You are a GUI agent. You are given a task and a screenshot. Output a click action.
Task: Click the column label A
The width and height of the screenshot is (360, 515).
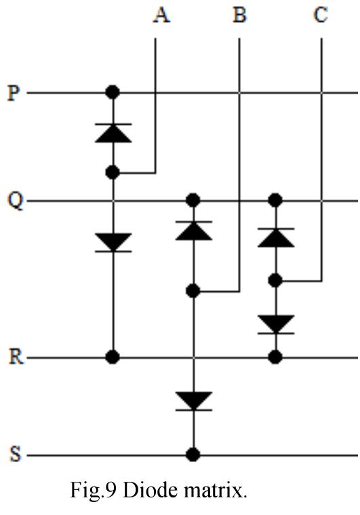coord(161,15)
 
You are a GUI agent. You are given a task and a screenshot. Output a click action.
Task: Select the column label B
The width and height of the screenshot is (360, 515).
coord(239,15)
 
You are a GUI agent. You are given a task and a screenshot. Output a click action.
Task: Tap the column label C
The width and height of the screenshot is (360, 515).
coord(321,15)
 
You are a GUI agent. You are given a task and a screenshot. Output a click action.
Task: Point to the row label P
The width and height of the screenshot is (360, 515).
coord(13,92)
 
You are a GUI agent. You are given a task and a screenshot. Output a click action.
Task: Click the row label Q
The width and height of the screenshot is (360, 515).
coord(13,201)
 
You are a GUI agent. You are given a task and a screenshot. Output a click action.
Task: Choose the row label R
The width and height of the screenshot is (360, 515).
coord(13,357)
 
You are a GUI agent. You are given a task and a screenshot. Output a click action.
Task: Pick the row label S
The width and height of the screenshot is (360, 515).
coord(13,455)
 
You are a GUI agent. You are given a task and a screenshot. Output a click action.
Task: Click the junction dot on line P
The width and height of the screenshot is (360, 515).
coord(113,91)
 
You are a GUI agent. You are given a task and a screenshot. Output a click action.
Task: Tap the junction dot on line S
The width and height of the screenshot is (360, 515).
coord(194,455)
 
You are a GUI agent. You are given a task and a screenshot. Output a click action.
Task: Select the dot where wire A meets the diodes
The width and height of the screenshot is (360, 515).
coord(113,173)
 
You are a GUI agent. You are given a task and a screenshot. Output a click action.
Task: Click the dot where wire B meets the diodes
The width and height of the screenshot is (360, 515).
coord(194,291)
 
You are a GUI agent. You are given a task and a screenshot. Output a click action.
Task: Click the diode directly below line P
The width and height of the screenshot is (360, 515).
coord(113,133)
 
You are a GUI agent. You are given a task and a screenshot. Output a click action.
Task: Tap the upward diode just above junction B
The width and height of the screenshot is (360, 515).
coord(194,230)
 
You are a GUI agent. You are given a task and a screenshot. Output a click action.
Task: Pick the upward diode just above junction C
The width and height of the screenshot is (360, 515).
coord(275,238)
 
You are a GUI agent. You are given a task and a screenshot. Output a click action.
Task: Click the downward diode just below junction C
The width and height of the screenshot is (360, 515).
coord(275,325)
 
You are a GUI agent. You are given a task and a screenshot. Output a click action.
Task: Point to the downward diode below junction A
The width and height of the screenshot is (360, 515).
coord(113,242)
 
